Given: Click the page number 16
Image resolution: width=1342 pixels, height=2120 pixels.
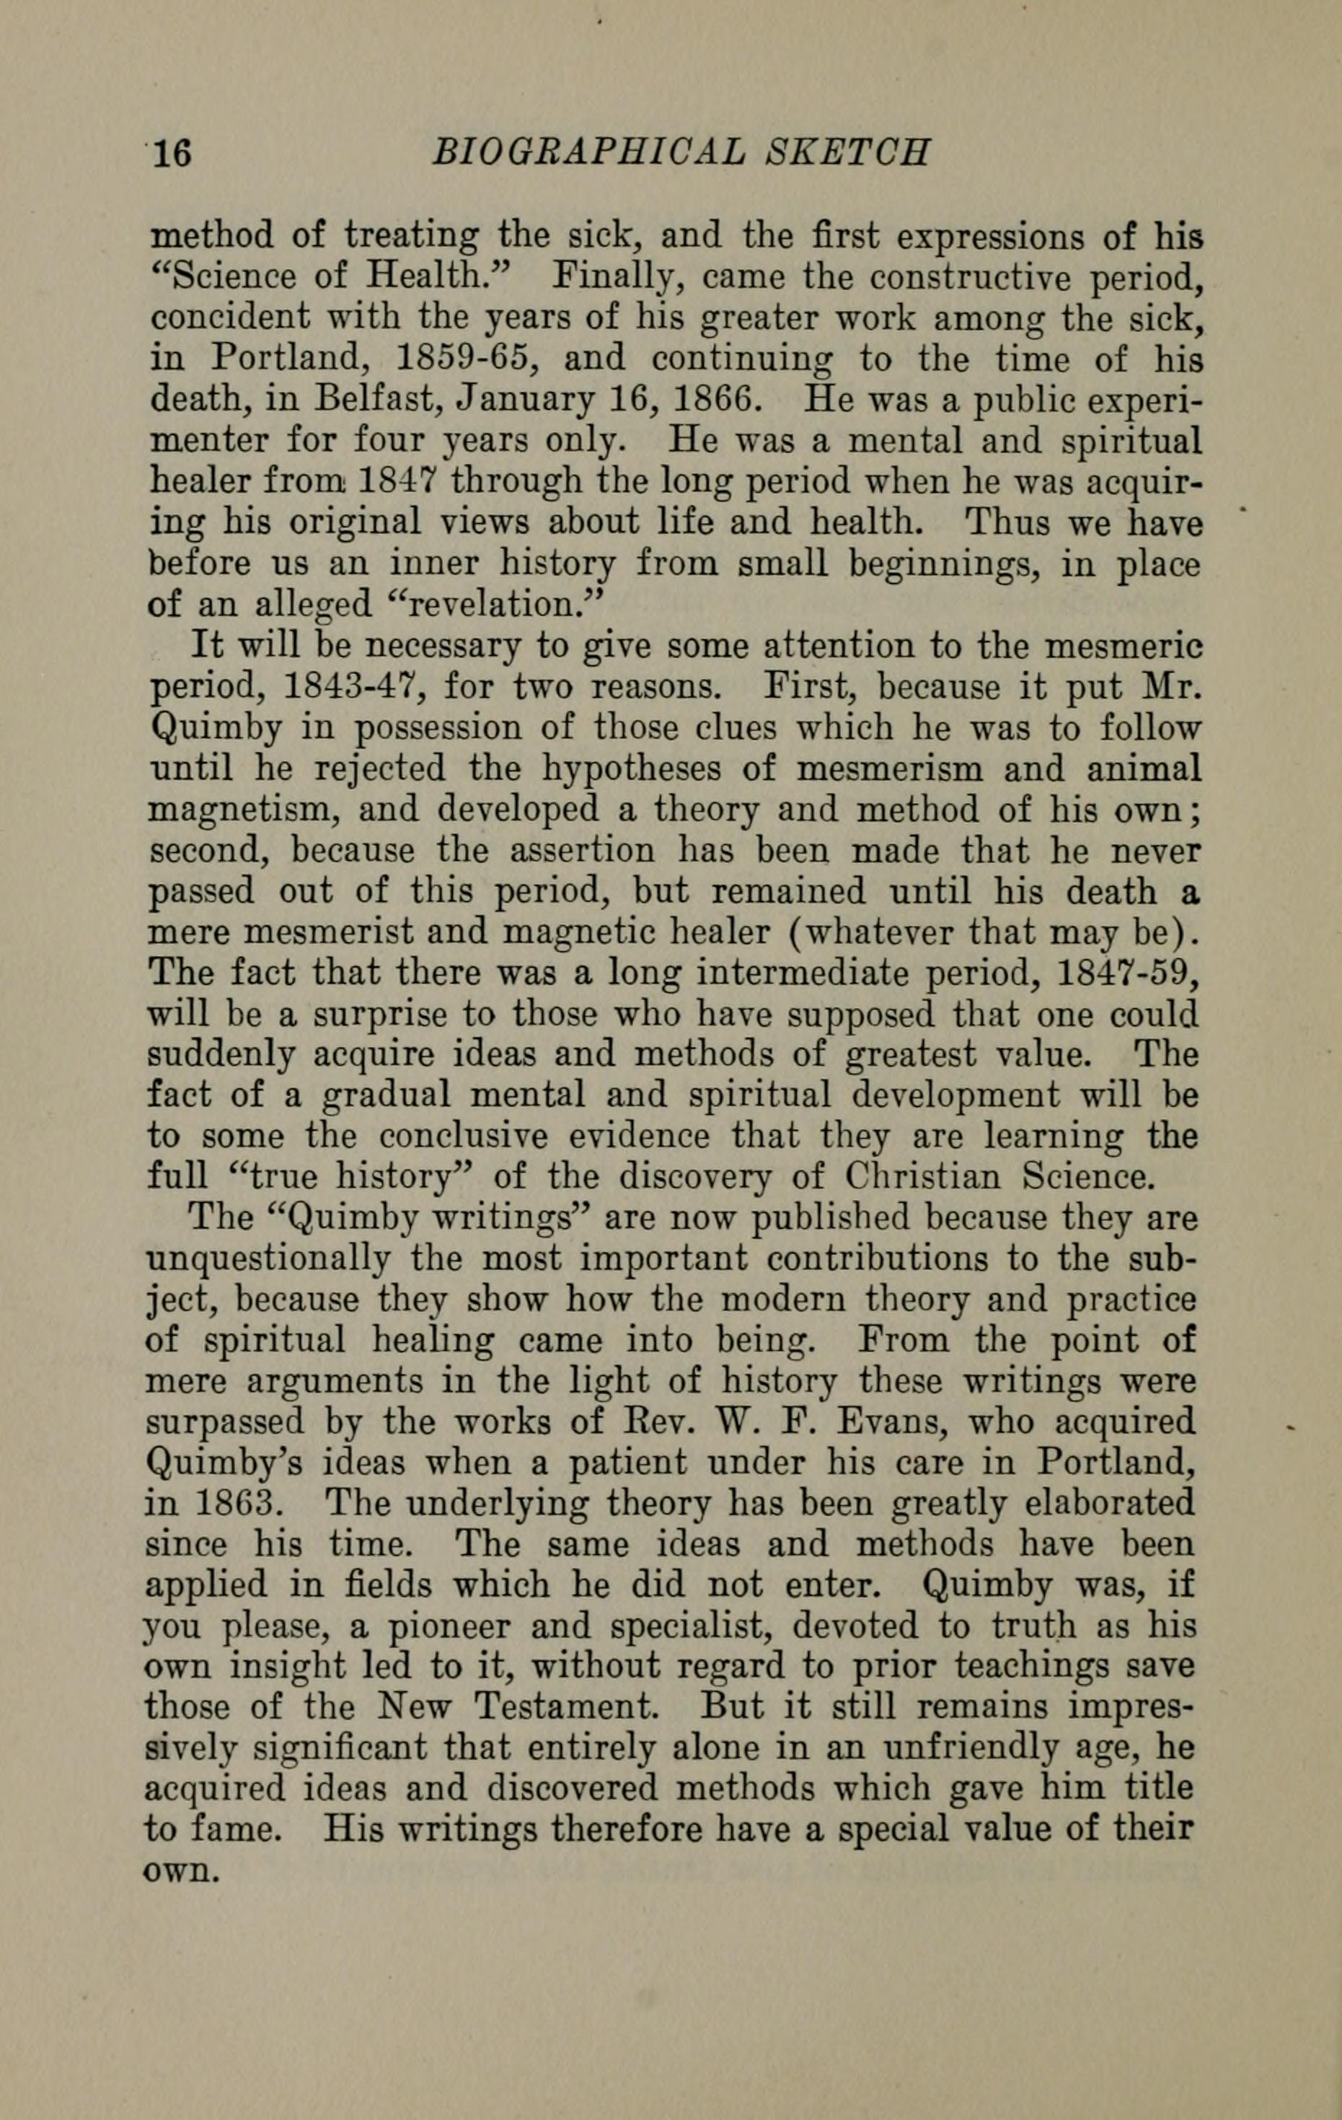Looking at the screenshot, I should [172, 154].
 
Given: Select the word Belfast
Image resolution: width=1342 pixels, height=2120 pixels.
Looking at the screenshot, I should [380, 400].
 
